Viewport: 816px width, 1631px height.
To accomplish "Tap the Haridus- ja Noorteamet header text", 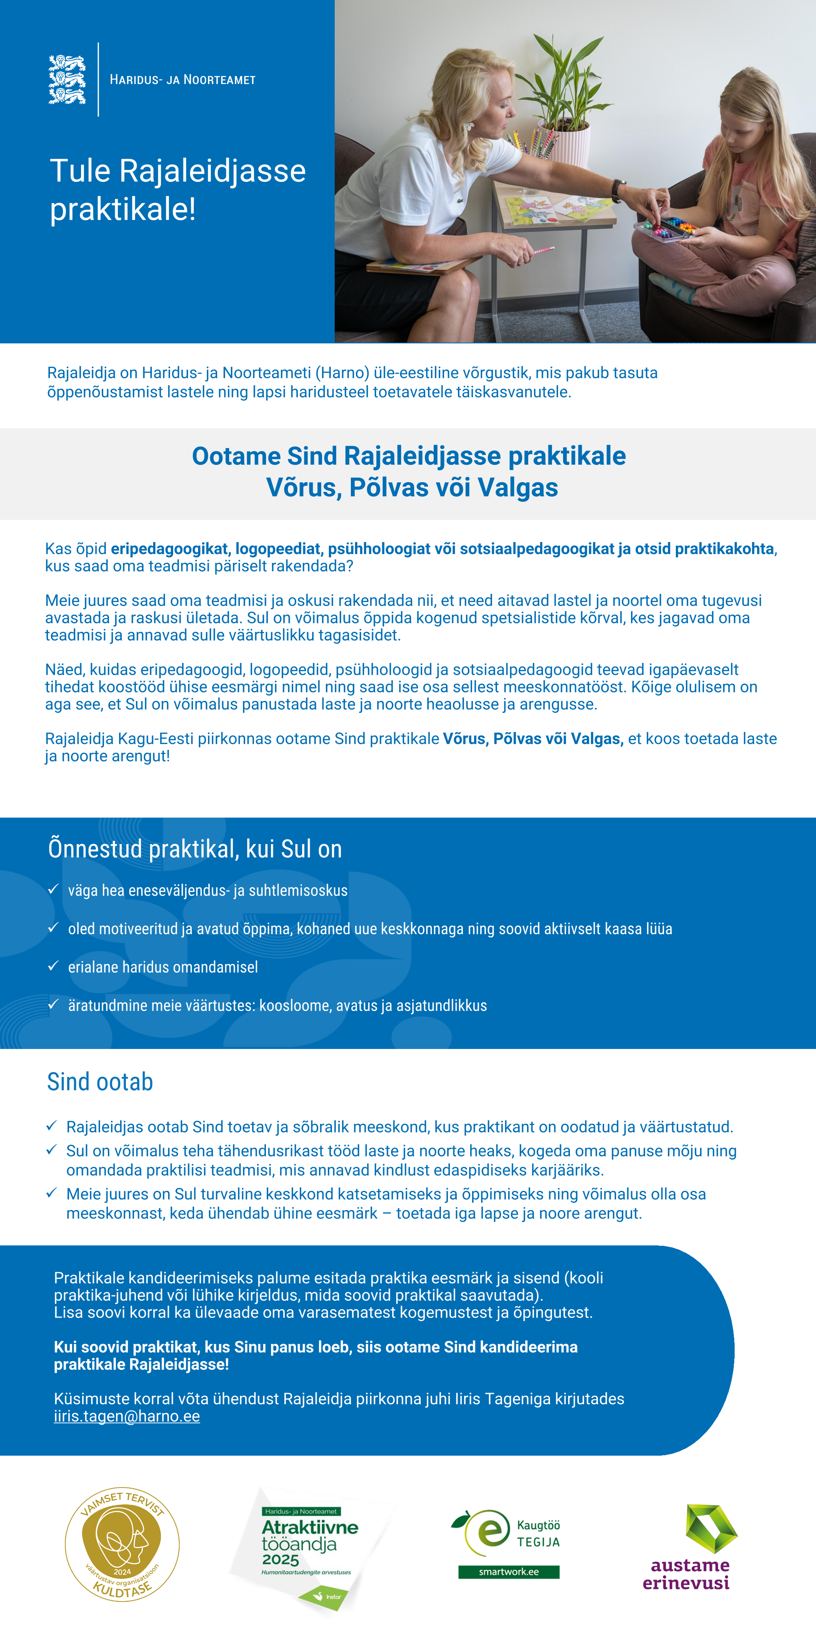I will [182, 80].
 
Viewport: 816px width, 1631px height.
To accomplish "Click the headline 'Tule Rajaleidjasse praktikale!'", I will [177, 189].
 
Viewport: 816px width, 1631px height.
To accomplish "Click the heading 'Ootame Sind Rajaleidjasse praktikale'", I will [409, 456].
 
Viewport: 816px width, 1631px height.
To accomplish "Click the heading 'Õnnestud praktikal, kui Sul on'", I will [195, 849].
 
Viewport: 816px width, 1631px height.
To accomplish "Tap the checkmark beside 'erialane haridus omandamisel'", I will [54, 966].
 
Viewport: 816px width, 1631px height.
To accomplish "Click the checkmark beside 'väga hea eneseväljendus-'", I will [54, 889].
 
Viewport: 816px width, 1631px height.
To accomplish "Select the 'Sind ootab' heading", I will [100, 1082].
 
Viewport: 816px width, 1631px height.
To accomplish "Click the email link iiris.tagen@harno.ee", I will [127, 1417].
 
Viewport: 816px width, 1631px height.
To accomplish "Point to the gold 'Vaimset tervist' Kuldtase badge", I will [122, 1544].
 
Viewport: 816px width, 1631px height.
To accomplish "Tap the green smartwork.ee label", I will [509, 1572].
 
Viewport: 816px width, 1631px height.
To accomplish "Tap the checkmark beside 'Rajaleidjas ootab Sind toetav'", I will [52, 1126].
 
